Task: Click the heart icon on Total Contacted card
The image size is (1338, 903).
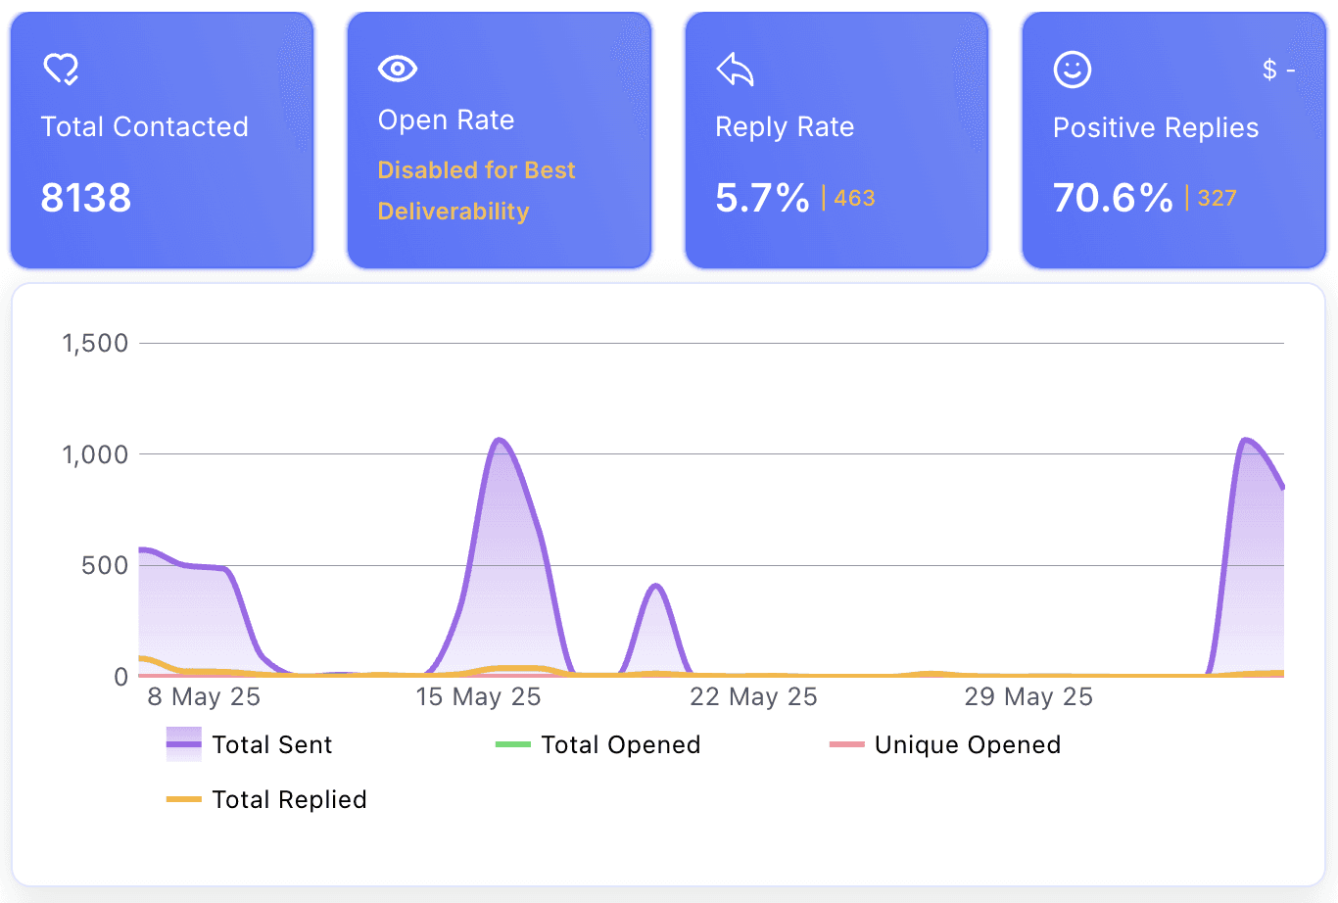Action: (x=61, y=70)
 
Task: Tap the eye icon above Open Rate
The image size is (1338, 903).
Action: (x=398, y=69)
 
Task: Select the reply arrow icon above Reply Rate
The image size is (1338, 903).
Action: (x=735, y=70)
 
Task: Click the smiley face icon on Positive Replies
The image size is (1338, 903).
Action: (x=1073, y=70)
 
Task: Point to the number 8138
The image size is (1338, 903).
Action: (x=86, y=198)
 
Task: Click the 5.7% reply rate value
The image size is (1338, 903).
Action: (x=762, y=198)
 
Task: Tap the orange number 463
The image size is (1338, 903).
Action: (x=854, y=198)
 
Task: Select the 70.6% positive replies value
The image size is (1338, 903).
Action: (x=1113, y=198)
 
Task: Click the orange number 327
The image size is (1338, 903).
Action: (x=1217, y=198)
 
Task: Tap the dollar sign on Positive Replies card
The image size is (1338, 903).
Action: (x=1269, y=70)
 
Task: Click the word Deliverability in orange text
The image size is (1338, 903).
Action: (x=454, y=212)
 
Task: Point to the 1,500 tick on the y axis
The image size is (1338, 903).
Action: (x=95, y=344)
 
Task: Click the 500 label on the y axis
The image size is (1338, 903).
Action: (x=105, y=565)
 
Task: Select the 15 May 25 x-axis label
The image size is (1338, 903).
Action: (x=478, y=697)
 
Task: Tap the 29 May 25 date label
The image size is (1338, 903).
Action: (x=1028, y=697)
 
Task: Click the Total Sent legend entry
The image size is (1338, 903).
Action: (x=249, y=744)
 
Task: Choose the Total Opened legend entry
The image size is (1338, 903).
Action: (x=597, y=744)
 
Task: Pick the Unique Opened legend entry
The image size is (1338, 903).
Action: (x=945, y=744)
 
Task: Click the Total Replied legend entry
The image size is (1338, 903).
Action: (x=266, y=800)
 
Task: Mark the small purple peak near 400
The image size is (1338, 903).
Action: (x=656, y=586)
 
